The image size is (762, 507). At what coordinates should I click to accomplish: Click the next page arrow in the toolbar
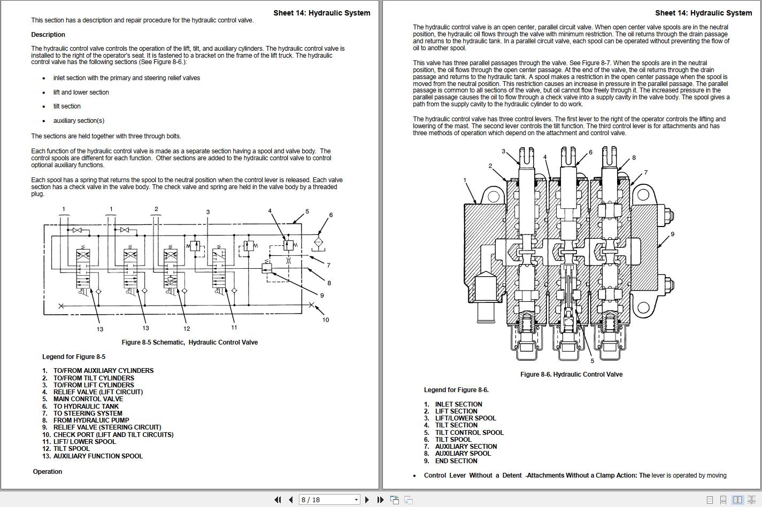coord(367,500)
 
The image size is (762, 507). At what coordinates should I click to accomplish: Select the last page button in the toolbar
coord(380,500)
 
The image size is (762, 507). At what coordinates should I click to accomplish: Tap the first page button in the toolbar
coord(278,500)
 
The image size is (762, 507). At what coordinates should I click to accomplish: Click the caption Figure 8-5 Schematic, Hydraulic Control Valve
coord(189,342)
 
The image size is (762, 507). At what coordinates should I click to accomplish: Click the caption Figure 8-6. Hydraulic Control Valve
coord(571,375)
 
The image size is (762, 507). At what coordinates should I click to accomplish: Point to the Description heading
coord(48,35)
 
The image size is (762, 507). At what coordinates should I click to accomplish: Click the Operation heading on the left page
coord(48,472)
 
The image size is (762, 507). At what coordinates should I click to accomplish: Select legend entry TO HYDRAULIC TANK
coord(86,407)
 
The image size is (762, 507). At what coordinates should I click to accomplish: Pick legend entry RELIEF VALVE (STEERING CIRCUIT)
coord(107,427)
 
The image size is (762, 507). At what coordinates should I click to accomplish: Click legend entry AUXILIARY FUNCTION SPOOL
coord(98,456)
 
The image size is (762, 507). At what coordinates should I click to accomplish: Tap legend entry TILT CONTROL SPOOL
coord(469,433)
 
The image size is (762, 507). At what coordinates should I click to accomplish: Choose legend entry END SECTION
coord(456,461)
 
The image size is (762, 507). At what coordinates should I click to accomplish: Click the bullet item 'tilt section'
coord(67,106)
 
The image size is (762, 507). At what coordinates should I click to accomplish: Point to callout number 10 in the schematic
coord(325,320)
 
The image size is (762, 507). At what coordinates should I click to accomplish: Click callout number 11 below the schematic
coord(234,327)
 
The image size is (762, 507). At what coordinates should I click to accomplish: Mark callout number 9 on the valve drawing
coord(672,234)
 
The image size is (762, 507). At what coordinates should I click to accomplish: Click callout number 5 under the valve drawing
coord(592,361)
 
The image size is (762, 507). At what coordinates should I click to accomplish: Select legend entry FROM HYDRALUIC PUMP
coord(91,420)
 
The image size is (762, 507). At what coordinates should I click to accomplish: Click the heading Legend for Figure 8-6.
coord(456,390)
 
